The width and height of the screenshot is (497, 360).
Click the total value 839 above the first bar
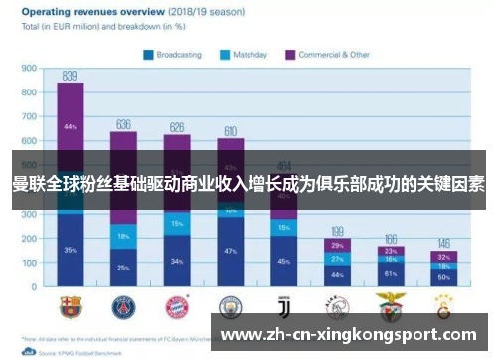click(70, 76)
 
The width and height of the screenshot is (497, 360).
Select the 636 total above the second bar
click(124, 124)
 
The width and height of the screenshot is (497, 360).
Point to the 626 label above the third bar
click(178, 127)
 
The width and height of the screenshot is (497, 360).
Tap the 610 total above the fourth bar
click(231, 131)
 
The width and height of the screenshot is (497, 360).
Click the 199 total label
click(338, 231)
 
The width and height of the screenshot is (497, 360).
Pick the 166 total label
click(391, 239)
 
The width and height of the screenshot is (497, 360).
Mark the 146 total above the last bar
click(444, 244)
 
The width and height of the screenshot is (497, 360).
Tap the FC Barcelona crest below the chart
click(70, 306)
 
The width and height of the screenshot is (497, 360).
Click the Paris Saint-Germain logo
click(124, 306)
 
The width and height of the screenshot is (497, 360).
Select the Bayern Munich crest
click(178, 306)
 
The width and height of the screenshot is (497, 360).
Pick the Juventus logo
click(284, 306)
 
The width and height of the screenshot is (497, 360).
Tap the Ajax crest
click(338, 306)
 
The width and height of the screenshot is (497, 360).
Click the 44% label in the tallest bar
click(70, 127)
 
